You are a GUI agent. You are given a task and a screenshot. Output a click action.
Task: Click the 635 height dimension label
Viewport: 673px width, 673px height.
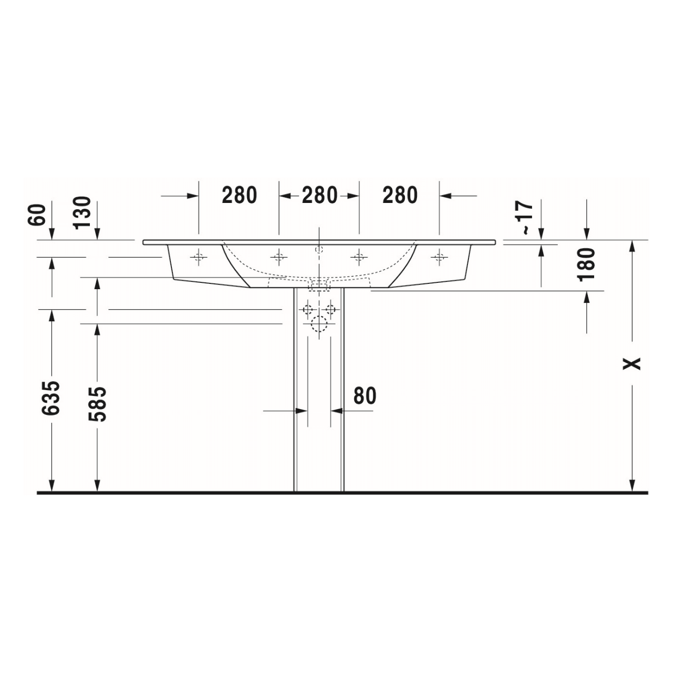(52, 398)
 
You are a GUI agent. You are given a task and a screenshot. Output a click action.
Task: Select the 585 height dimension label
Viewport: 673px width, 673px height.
(97, 404)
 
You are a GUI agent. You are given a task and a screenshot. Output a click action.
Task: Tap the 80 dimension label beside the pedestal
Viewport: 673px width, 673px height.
(364, 396)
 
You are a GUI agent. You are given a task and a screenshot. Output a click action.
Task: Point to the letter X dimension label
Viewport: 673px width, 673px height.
(633, 363)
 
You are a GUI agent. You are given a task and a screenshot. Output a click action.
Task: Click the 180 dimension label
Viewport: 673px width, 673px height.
(587, 264)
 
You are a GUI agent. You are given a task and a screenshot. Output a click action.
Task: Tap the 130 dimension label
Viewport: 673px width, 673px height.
(83, 212)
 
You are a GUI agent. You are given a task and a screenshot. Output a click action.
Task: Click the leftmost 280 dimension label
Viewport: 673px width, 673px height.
(239, 195)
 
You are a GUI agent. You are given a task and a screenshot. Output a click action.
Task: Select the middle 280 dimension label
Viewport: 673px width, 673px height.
(319, 195)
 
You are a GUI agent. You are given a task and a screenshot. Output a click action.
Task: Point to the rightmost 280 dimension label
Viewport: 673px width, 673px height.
(400, 195)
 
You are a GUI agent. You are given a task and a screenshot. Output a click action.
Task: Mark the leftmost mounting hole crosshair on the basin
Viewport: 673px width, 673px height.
(198, 257)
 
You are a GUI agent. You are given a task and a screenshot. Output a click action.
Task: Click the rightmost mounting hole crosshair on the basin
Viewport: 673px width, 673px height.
(439, 257)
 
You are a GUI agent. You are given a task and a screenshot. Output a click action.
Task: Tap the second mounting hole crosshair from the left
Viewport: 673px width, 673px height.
(279, 257)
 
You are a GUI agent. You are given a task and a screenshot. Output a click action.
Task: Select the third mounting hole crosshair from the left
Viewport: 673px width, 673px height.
(359, 257)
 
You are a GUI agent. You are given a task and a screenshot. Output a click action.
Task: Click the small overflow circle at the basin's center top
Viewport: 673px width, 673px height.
(319, 249)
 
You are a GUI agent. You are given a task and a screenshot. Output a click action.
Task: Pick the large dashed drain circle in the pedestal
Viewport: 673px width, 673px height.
(319, 324)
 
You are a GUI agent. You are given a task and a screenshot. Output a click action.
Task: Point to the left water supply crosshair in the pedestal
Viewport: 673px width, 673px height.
(308, 309)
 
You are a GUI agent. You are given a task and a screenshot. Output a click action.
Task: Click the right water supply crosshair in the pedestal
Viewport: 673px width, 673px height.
(330, 309)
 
